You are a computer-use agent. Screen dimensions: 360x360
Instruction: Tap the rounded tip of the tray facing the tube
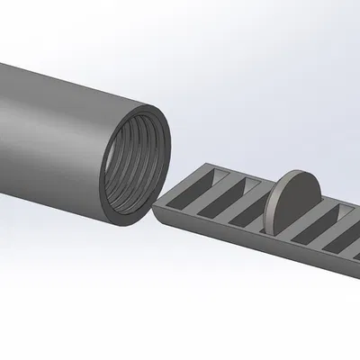click(157, 209)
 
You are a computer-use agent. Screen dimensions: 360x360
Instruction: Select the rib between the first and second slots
click(209, 192)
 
